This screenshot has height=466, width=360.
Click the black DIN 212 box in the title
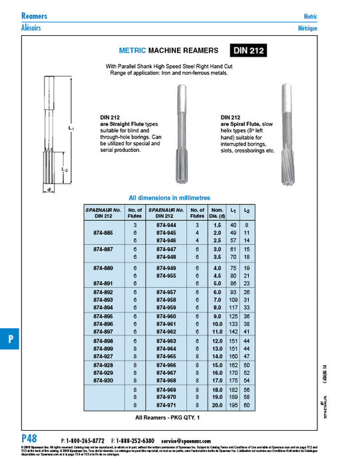click(x=250, y=51)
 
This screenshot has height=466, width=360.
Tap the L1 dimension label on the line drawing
click(x=53, y=127)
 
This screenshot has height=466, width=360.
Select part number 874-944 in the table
click(x=166, y=226)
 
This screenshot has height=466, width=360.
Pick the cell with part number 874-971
click(x=166, y=405)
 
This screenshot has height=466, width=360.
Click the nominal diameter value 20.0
click(x=216, y=405)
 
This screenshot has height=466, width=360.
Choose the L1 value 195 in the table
click(x=234, y=405)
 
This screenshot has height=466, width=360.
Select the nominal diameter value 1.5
click(x=216, y=226)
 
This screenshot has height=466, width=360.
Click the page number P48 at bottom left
click(x=29, y=439)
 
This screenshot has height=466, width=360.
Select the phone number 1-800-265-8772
click(x=85, y=441)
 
